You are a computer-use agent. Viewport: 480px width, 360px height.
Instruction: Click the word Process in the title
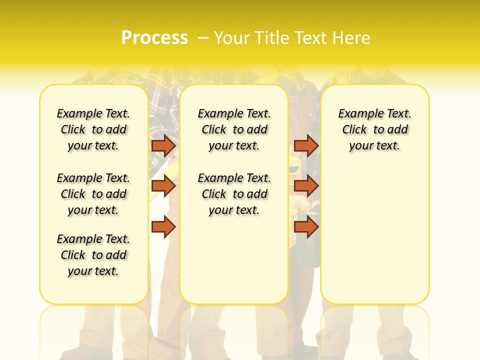click(x=154, y=38)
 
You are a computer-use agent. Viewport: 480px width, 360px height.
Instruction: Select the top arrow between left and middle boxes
click(x=163, y=145)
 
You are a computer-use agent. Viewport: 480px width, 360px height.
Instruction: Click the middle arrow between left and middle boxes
click(x=163, y=186)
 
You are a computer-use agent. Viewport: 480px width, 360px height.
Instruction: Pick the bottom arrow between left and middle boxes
click(x=163, y=227)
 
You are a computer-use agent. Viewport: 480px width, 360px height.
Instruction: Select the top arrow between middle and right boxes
click(x=306, y=145)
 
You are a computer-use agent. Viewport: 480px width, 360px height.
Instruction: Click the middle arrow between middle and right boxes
click(x=306, y=186)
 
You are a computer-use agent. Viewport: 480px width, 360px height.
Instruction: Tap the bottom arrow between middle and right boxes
click(x=306, y=227)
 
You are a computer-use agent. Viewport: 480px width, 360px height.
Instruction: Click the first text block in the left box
click(x=93, y=129)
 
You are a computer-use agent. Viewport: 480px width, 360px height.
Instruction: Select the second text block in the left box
click(x=93, y=194)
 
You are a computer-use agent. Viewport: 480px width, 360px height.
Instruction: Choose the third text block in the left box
click(x=93, y=255)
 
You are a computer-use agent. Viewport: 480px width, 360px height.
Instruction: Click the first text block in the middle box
click(x=234, y=129)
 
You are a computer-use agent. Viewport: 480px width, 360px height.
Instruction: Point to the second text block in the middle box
click(x=234, y=194)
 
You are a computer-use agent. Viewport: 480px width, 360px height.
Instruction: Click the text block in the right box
click(x=374, y=129)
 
